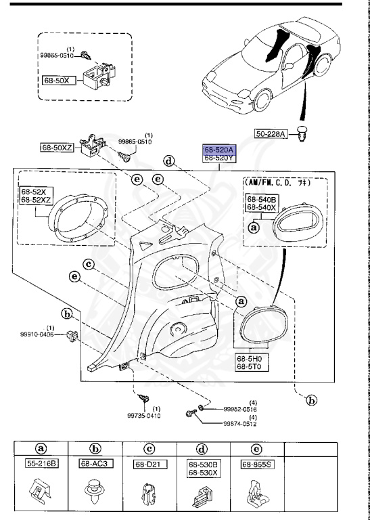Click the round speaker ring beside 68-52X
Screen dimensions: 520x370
[78, 217]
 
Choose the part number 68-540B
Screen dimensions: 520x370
[261, 200]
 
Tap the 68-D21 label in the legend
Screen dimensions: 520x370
[150, 465]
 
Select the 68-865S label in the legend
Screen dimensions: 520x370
[257, 465]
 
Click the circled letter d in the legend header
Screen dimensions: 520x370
[204, 448]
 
